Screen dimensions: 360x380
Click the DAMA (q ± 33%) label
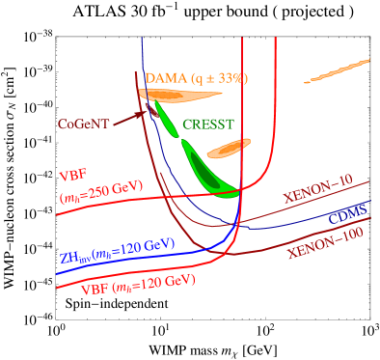[195, 77]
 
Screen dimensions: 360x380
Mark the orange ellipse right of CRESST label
[230, 149]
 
